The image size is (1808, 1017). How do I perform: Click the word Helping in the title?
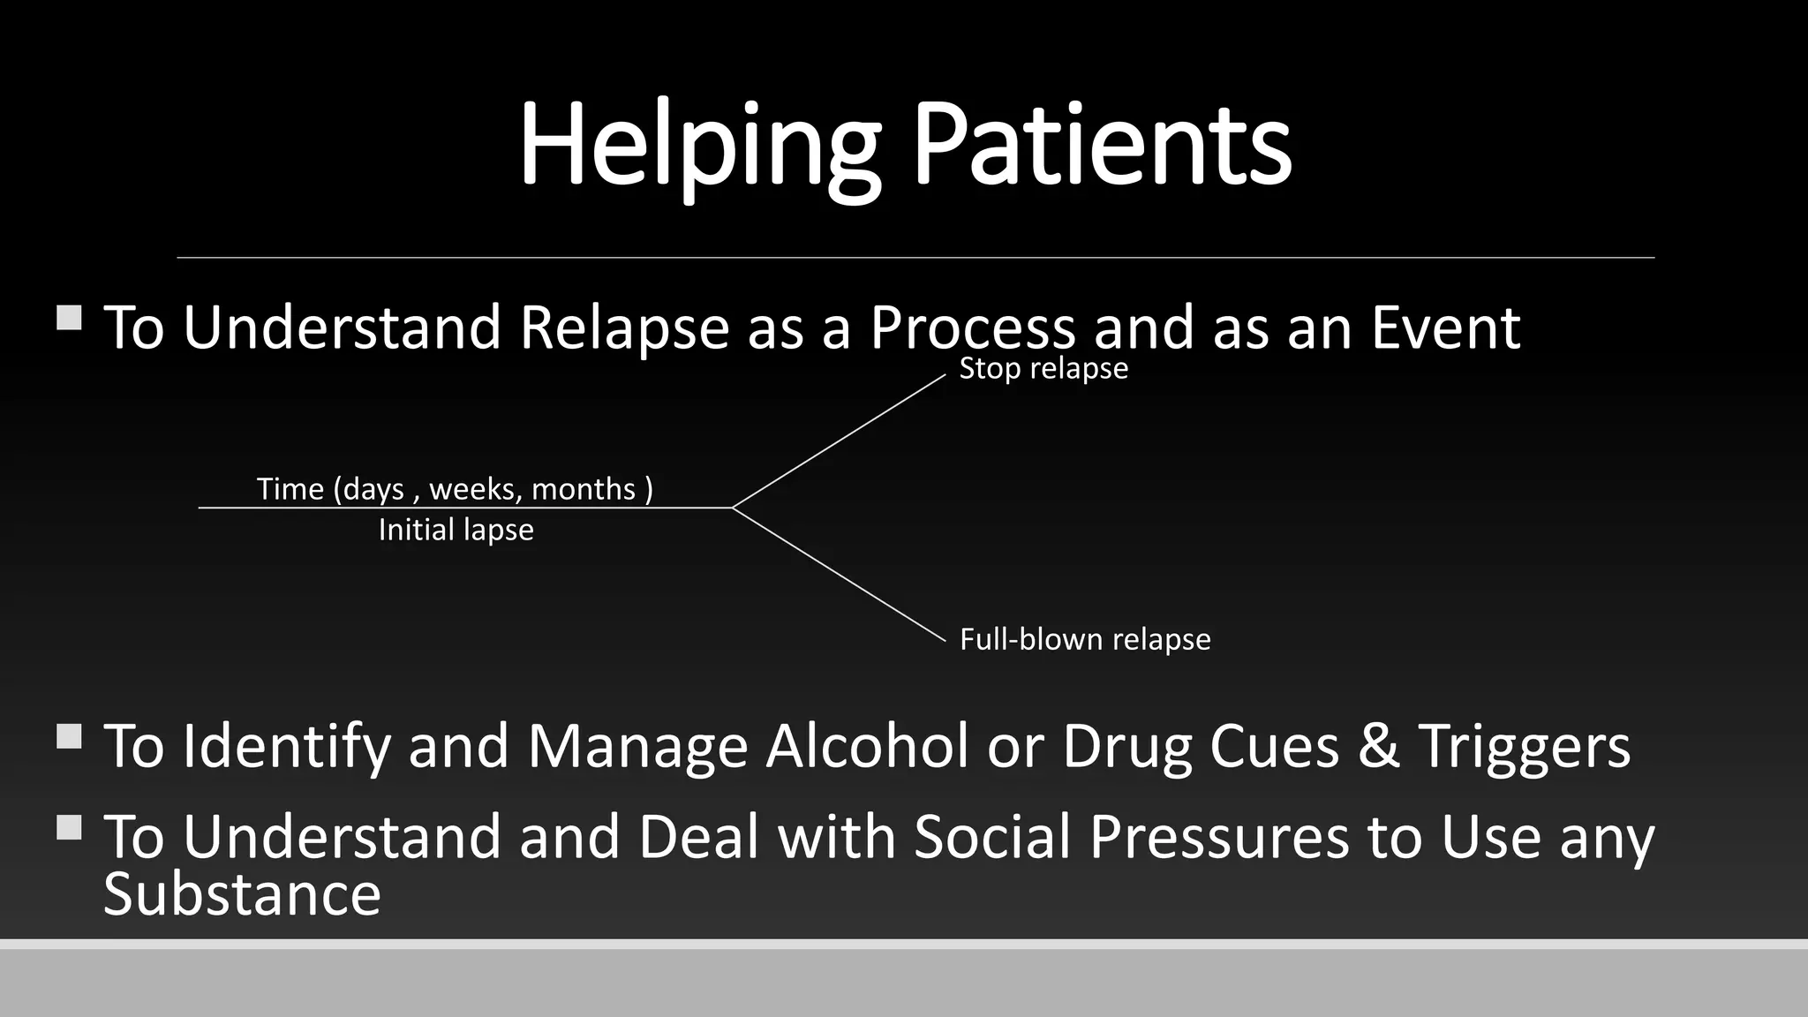pyautogui.click(x=697, y=146)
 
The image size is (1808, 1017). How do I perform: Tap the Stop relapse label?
pyautogui.click(x=1043, y=368)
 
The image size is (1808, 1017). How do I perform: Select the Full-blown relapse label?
pyautogui.click(x=1084, y=639)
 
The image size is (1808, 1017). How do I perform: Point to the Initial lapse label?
pyautogui.click(x=456, y=530)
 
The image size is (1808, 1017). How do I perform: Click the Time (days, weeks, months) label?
pyautogui.click(x=455, y=488)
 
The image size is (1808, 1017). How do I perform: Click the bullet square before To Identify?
pyautogui.click(x=69, y=736)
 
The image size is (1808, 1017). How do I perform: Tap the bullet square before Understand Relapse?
pyautogui.click(x=69, y=318)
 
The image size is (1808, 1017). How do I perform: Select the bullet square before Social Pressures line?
pyautogui.click(x=69, y=827)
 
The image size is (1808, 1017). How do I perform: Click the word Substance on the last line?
pyautogui.click(x=242, y=894)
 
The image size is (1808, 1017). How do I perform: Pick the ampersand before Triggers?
pyautogui.click(x=1378, y=746)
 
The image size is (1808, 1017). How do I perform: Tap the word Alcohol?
pyautogui.click(x=867, y=746)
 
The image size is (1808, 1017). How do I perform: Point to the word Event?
pyautogui.click(x=1445, y=328)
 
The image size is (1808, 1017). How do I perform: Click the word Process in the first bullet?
pyautogui.click(x=972, y=328)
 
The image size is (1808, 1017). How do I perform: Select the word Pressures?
pyautogui.click(x=1219, y=836)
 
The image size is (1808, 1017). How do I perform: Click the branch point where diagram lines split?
pyautogui.click(x=733, y=508)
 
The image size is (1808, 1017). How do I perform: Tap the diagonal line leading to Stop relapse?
pyautogui.click(x=839, y=441)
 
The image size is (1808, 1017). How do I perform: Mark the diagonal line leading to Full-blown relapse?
pyautogui.click(x=839, y=574)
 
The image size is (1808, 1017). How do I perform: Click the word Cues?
pyautogui.click(x=1274, y=746)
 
